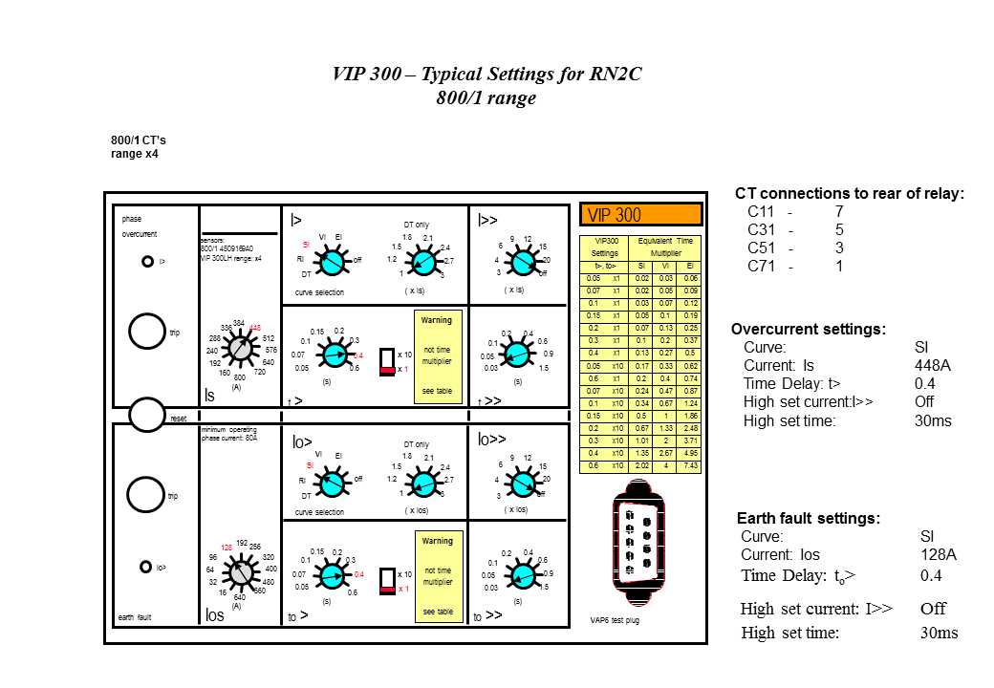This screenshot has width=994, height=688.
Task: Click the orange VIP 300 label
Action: click(x=640, y=215)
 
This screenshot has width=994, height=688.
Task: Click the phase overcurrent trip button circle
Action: click(x=146, y=331)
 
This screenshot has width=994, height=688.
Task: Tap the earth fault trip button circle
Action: click(x=146, y=494)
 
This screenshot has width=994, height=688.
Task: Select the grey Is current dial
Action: click(x=240, y=350)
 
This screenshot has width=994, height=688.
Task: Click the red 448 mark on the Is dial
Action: click(x=255, y=328)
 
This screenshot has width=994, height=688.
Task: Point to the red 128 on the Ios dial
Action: click(x=227, y=548)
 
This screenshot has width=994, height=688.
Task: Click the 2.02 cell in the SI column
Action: click(x=642, y=466)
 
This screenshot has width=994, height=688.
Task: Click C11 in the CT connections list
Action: click(x=761, y=211)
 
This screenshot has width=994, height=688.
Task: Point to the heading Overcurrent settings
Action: click(x=808, y=329)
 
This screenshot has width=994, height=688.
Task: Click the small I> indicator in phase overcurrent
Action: click(x=147, y=261)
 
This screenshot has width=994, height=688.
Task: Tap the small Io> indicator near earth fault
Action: click(x=146, y=566)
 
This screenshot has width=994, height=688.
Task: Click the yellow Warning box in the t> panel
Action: click(x=438, y=356)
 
